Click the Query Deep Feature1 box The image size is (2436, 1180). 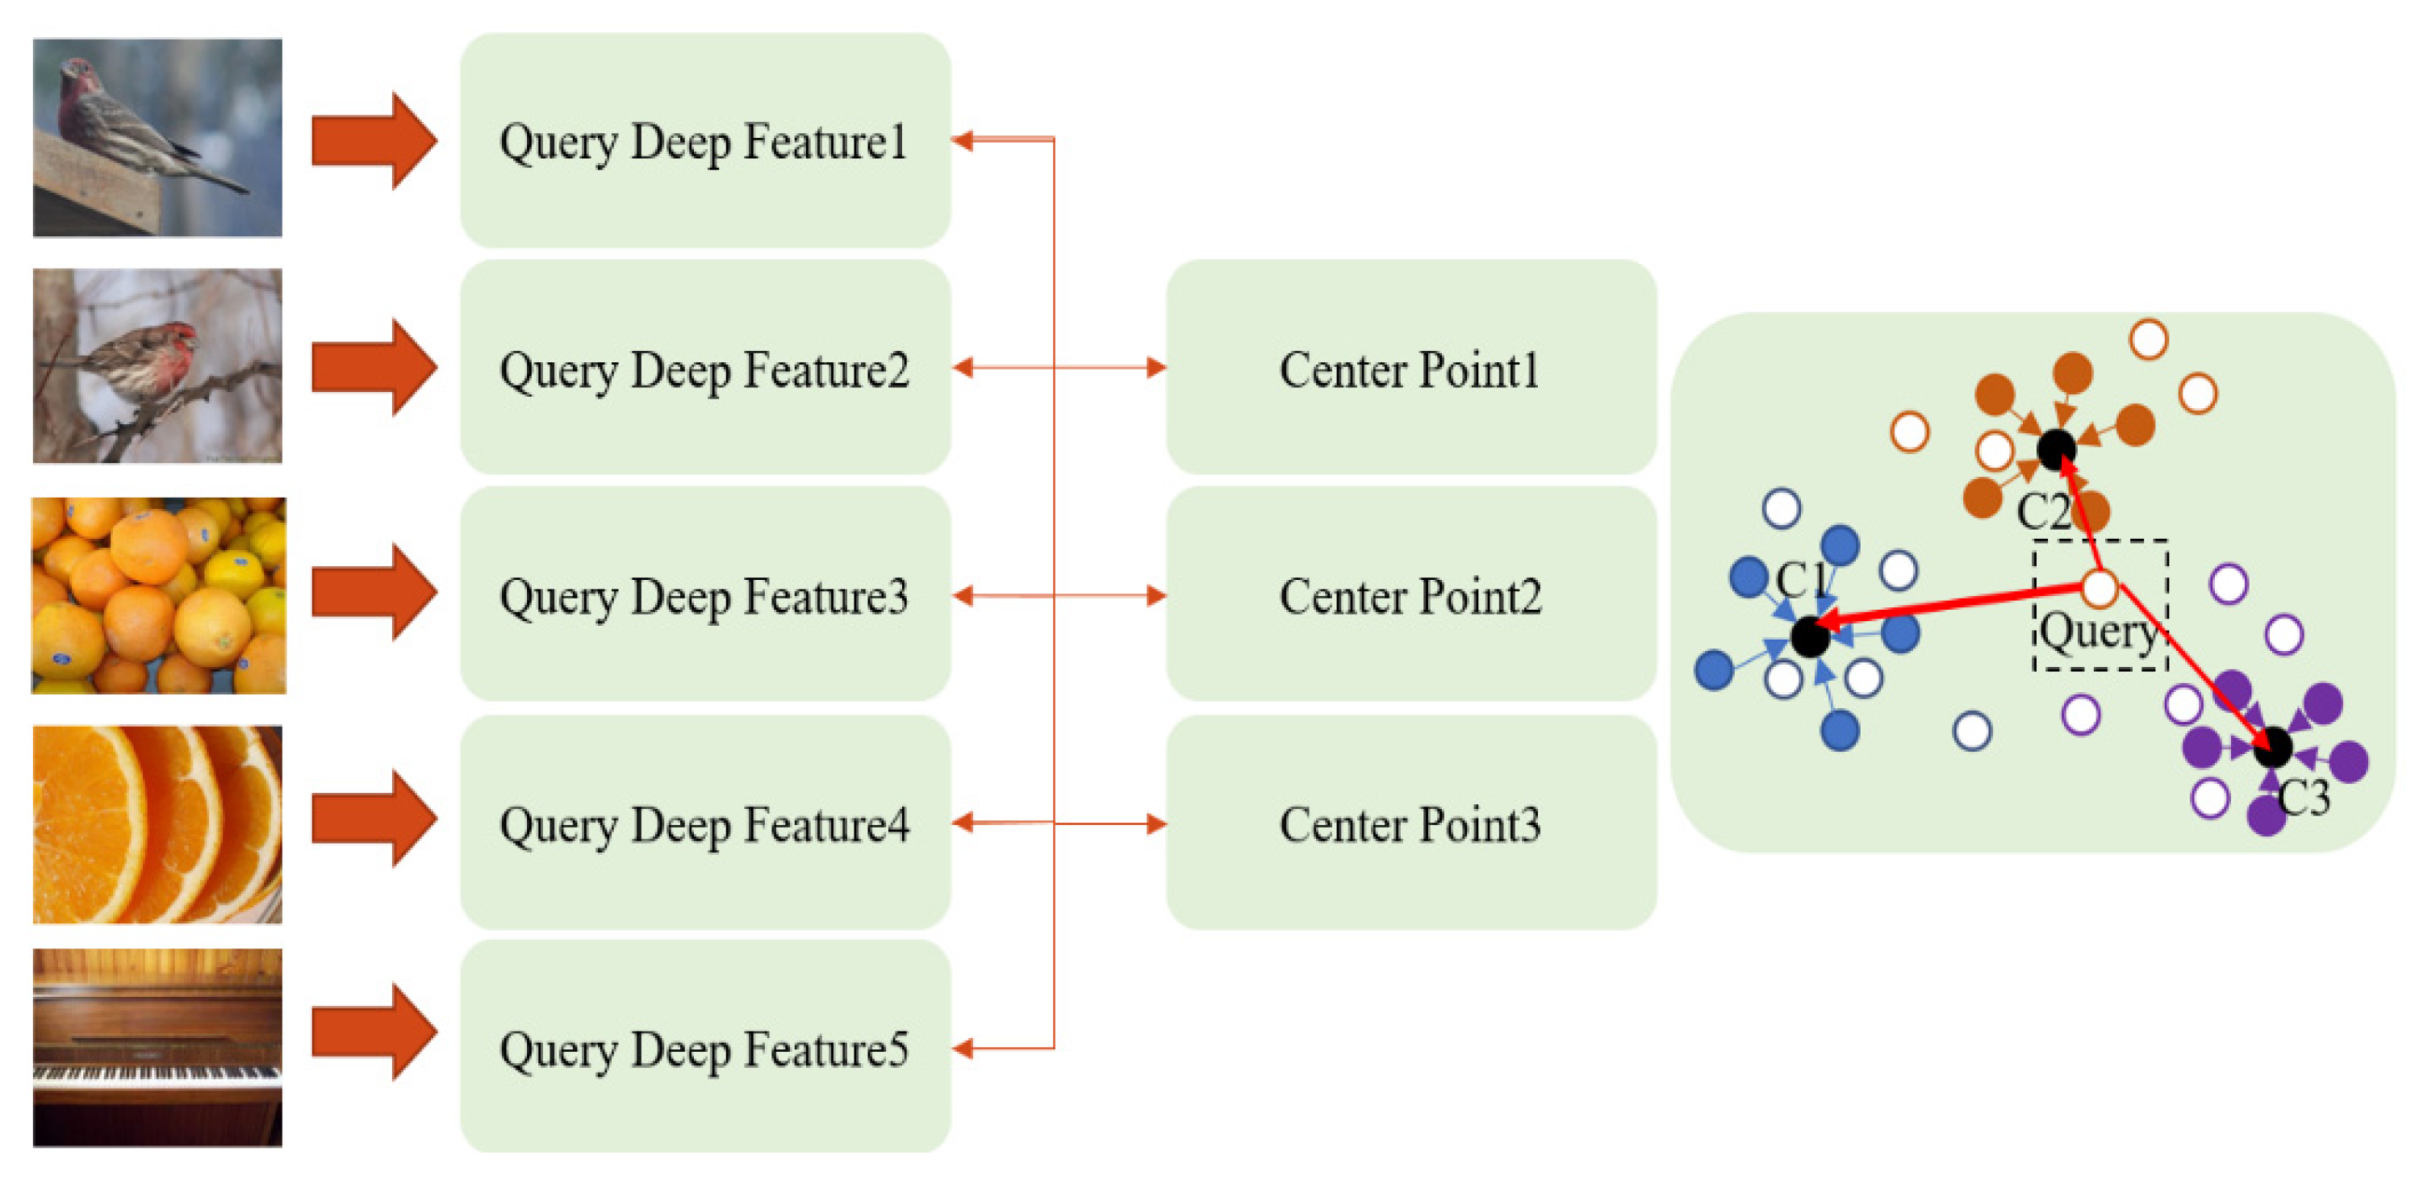(704, 142)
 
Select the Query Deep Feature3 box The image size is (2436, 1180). (704, 596)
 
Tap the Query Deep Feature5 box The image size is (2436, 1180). (704, 1048)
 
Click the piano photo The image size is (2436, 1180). (157, 1048)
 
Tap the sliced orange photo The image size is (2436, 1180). (157, 823)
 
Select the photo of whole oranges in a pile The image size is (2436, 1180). (157, 596)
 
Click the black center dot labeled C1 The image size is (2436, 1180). (1810, 636)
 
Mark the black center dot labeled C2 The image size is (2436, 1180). (2056, 449)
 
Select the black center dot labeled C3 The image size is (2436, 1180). (2271, 747)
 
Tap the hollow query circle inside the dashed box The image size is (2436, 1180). (2100, 588)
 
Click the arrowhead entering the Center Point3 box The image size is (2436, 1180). (1155, 823)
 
